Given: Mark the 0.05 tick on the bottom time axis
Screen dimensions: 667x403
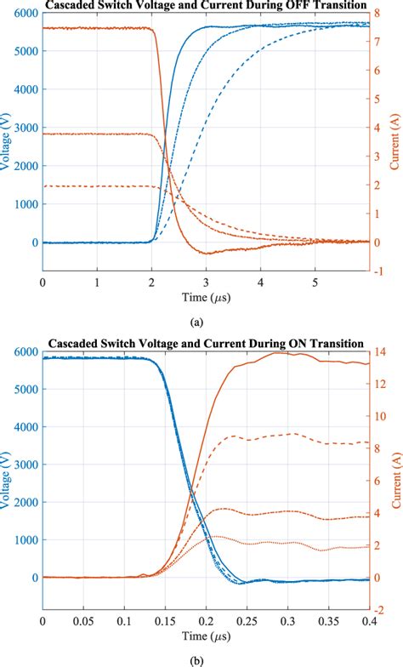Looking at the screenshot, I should click(83, 620).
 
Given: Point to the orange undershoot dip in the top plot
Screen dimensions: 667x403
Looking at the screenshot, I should click(207, 253).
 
